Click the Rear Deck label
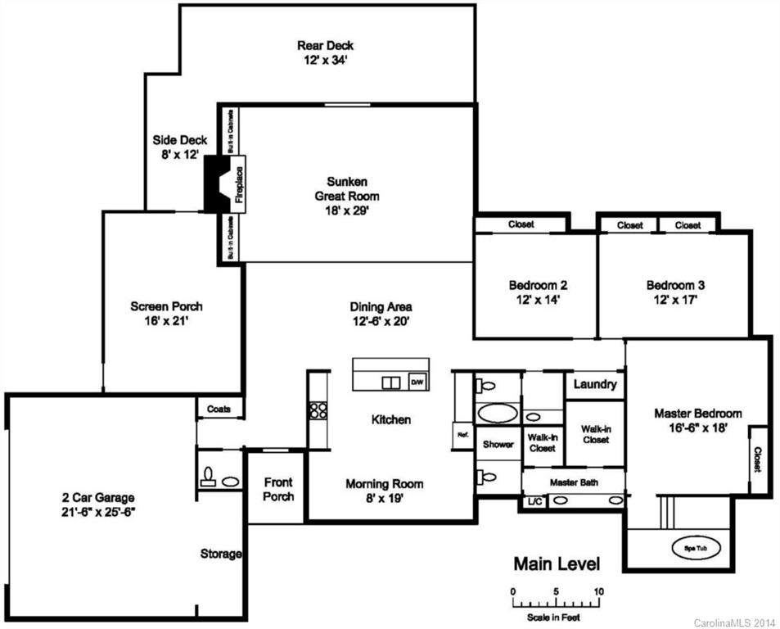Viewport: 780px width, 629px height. (x=326, y=46)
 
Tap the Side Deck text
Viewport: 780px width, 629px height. (x=179, y=140)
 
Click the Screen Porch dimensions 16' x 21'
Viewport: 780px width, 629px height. (x=166, y=321)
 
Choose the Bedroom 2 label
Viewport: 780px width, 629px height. (x=538, y=285)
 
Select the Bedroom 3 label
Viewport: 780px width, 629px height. (x=675, y=285)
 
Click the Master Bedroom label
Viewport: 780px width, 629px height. (x=698, y=414)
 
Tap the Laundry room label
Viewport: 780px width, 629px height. (x=594, y=384)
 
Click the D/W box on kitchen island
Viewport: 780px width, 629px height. (x=417, y=382)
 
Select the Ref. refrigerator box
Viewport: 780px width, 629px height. (x=461, y=436)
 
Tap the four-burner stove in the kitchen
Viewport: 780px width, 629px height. (x=318, y=410)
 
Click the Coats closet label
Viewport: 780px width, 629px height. (x=219, y=409)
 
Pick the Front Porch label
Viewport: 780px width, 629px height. (x=277, y=489)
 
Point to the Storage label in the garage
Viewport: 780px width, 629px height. (x=221, y=554)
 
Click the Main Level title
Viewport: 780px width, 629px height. (x=556, y=564)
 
